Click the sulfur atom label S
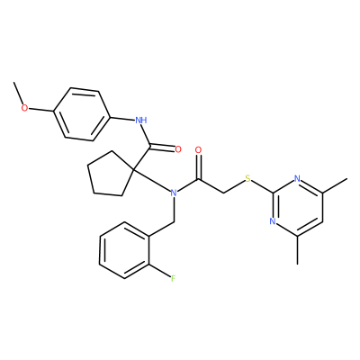(x=247, y=179)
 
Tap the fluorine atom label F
(x=173, y=279)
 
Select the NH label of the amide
(x=141, y=121)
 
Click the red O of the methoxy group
(x=24, y=108)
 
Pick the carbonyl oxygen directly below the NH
(x=178, y=149)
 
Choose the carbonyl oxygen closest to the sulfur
(x=198, y=149)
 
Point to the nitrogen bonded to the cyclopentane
(x=173, y=193)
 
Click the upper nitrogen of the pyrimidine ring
(x=297, y=179)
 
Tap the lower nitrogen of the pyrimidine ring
(x=273, y=221)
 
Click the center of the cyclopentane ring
(x=110, y=175)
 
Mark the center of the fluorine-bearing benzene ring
(x=124, y=250)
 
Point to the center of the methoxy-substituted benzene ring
(x=82, y=114)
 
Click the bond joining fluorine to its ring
(x=159, y=272)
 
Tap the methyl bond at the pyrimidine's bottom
(x=297, y=250)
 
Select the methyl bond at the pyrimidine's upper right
(x=335, y=185)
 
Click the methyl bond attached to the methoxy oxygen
(x=19, y=93)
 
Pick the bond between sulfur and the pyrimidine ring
(x=262, y=186)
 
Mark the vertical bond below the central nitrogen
(x=174, y=210)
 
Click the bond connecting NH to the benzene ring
(x=122, y=118)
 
